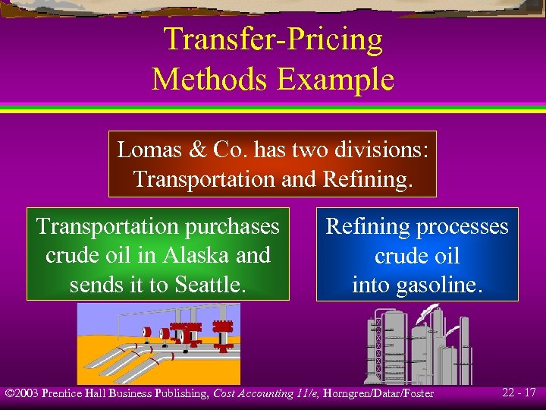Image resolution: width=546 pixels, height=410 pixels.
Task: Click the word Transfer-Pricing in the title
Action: tap(273, 40)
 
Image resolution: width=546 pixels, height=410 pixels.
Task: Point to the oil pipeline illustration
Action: tap(158, 343)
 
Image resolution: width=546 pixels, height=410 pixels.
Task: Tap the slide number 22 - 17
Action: tap(519, 393)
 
